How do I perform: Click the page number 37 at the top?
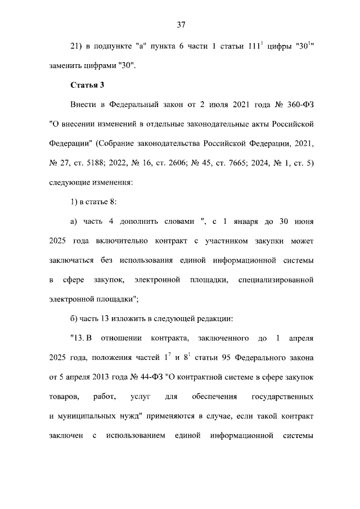click(181, 24)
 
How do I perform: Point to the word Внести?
click(84, 105)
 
